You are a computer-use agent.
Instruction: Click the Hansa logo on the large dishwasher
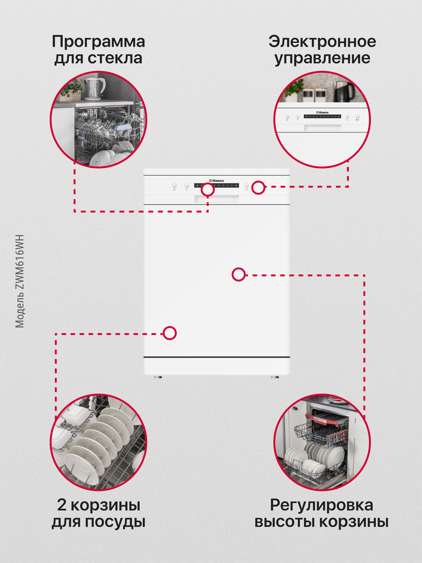pyautogui.click(x=217, y=180)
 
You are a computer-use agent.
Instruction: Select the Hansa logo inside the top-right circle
pyautogui.click(x=322, y=112)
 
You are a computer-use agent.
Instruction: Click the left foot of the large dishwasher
pyautogui.click(x=158, y=377)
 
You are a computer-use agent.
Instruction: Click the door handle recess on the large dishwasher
pyautogui.click(x=217, y=199)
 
